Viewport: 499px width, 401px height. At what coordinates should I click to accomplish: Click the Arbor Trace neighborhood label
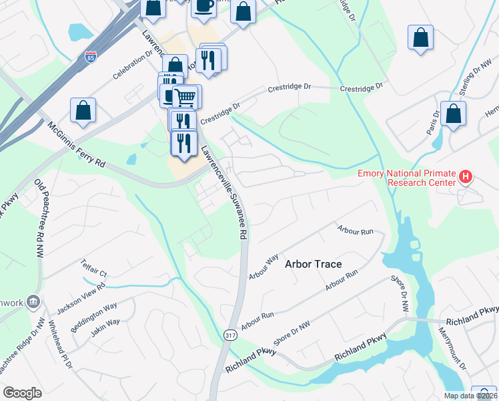pos(313,264)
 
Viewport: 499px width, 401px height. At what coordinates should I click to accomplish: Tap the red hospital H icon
pos(466,177)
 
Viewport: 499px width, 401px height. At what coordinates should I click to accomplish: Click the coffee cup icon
pos(204,5)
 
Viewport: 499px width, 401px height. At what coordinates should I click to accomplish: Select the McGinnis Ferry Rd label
pos(77,144)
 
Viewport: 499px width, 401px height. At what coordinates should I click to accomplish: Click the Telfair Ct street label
pos(94,267)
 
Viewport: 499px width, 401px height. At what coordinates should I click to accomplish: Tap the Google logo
pos(22,393)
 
